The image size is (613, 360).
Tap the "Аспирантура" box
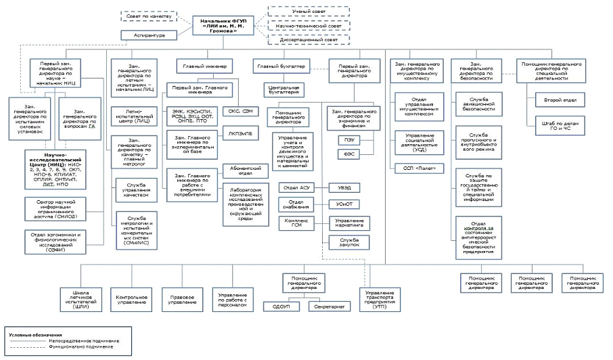[x=147, y=35]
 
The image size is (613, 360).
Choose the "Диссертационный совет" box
[x=297, y=40]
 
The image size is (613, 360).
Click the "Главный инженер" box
[x=204, y=66]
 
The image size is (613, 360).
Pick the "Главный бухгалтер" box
[x=281, y=66]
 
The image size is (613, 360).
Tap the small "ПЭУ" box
[x=349, y=139]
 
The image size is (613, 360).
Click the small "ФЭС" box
[x=349, y=154]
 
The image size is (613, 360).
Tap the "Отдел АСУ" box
[x=295, y=187]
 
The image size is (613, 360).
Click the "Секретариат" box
[x=329, y=307]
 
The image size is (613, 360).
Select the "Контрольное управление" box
[x=133, y=298]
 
